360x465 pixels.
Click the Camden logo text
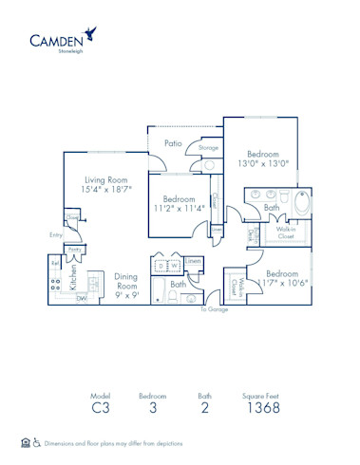coord(55,40)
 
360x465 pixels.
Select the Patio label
coord(172,143)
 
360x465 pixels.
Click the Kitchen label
coord(74,276)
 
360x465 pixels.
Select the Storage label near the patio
coord(208,148)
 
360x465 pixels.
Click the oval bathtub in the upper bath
coord(301,205)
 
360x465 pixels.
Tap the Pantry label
coord(75,249)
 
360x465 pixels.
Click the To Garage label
coord(213,308)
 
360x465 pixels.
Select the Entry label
coord(56,234)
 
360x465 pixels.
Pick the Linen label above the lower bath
coord(193,260)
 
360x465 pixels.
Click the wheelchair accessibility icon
coord(36,443)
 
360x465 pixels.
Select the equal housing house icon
coord(25,443)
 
